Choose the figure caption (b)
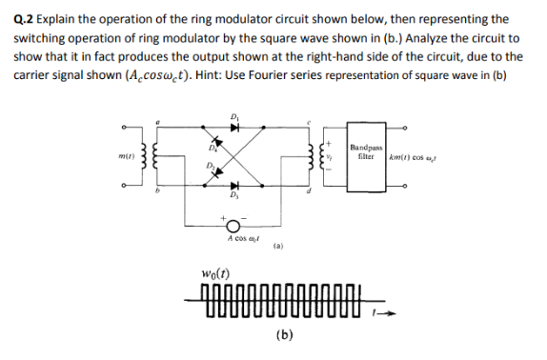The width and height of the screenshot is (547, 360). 283,333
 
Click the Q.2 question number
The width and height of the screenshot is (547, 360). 26,18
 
